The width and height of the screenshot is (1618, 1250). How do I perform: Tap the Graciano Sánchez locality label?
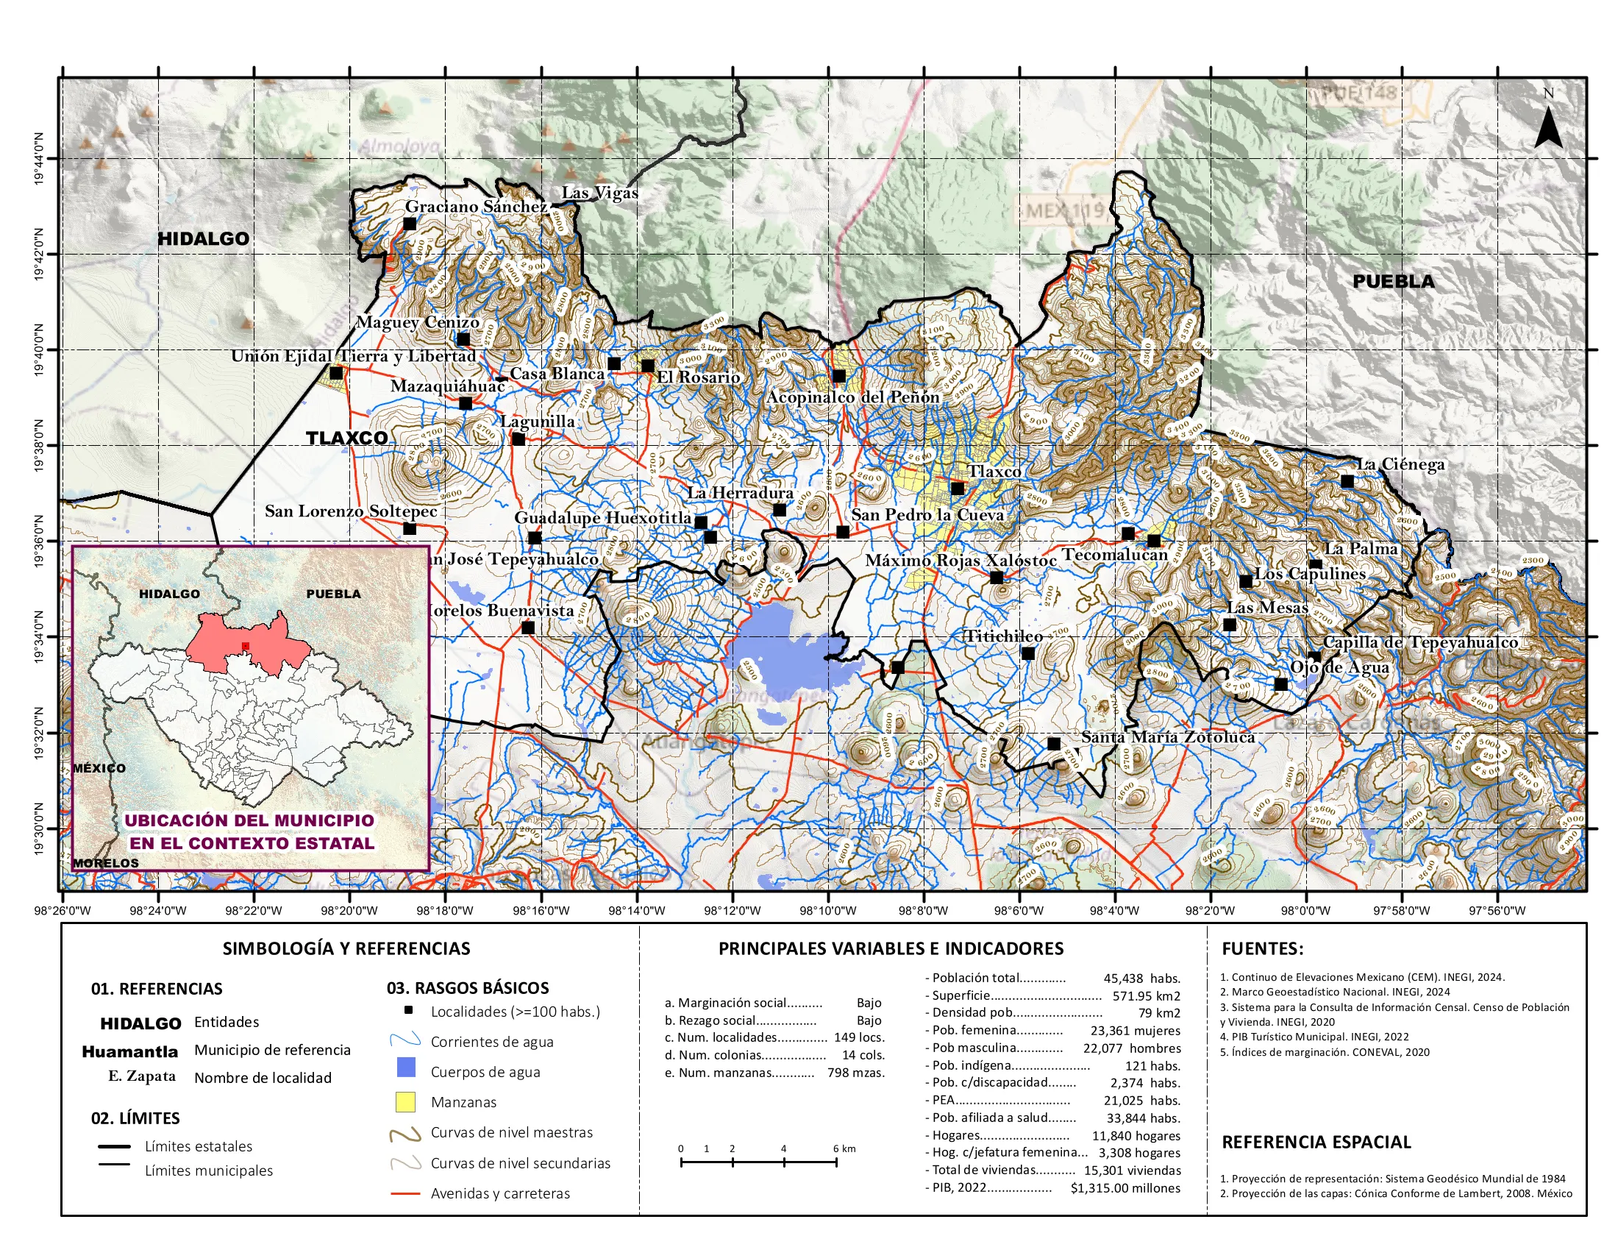477,207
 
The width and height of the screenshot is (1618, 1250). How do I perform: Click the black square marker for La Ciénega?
1347,482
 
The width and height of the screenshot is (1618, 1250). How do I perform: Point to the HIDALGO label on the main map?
203,238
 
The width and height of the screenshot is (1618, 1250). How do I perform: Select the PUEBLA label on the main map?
1393,282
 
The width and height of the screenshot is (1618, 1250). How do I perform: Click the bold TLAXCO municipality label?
346,438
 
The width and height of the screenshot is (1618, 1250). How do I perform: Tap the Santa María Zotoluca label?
1168,737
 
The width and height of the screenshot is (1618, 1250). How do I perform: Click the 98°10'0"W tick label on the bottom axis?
827,911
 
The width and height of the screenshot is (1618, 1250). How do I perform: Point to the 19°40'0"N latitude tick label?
38,349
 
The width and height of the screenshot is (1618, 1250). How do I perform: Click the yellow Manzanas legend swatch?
405,1102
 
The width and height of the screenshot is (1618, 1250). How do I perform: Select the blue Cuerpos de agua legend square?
405,1068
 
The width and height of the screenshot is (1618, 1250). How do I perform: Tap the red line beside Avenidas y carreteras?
405,1193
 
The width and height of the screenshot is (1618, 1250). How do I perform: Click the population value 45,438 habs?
1141,978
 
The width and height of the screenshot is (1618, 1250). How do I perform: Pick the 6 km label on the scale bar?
844,1148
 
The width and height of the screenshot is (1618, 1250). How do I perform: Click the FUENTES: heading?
1261,948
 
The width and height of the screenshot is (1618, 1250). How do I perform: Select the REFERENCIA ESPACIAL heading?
1316,1142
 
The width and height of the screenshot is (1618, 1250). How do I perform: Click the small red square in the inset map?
245,646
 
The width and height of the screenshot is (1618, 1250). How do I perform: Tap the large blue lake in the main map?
778,644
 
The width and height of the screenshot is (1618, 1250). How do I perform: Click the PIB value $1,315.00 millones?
1125,1187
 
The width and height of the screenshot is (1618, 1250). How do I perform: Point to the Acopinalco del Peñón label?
852,397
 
